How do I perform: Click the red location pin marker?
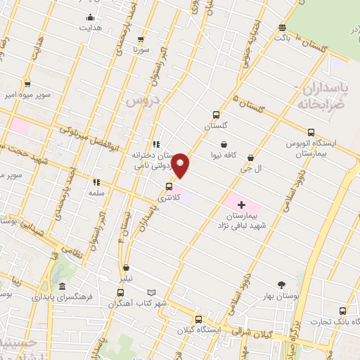181,165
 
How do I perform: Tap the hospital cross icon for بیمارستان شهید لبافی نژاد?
241,202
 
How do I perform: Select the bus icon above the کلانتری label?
169,187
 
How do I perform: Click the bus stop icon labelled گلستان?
216,115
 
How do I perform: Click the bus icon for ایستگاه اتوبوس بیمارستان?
311,131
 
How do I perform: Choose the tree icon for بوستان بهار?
282,285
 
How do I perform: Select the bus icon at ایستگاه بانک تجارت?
342,311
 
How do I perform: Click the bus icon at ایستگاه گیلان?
198,319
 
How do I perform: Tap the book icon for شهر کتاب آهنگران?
152,292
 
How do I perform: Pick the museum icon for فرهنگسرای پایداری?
62,287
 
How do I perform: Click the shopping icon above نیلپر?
125,267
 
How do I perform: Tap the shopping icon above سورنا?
141,40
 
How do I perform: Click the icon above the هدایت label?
89,18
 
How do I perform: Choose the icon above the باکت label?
282,27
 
